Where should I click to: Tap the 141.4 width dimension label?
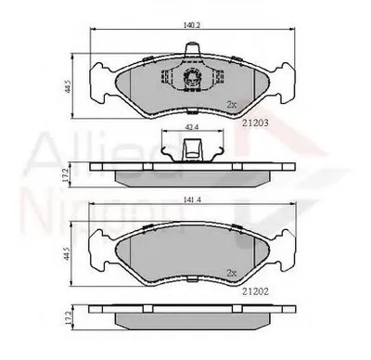coord(189,199)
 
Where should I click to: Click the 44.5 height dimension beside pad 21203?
coord(68,87)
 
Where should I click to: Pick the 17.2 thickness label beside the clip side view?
coord(68,172)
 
